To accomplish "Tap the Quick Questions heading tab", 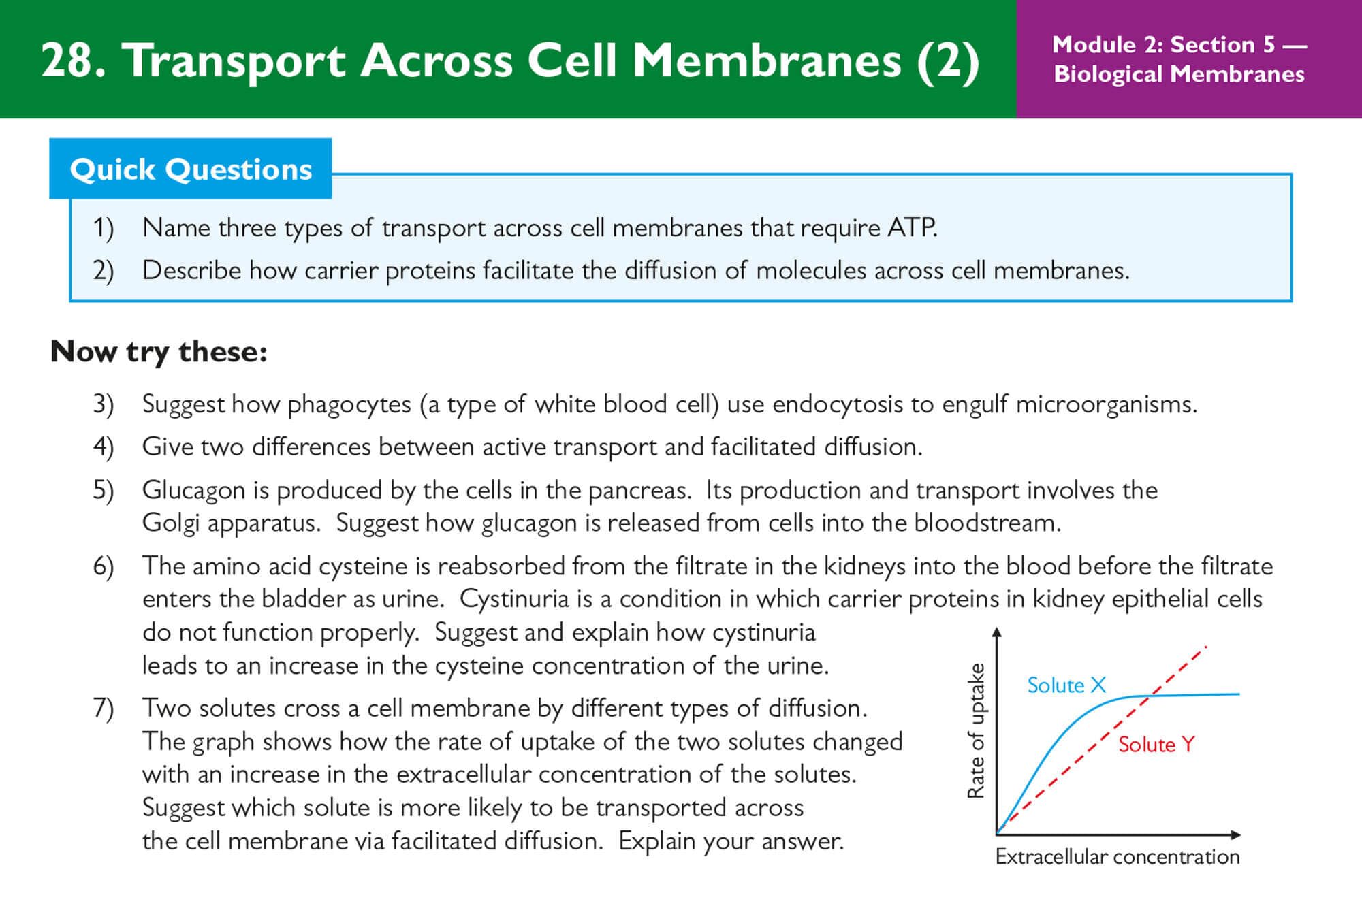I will tap(191, 169).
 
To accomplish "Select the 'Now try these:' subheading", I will tap(159, 352).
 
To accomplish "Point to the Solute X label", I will tap(1066, 685).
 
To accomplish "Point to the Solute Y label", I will tap(1156, 745).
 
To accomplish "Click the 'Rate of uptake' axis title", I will tap(976, 730).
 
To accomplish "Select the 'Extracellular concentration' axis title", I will tap(1117, 856).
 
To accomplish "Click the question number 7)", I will tap(104, 709).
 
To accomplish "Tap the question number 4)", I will tap(104, 447).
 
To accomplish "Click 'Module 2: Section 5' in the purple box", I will tap(1163, 45).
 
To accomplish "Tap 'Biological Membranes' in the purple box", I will tap(1179, 74).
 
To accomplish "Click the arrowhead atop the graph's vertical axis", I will tap(997, 633).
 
